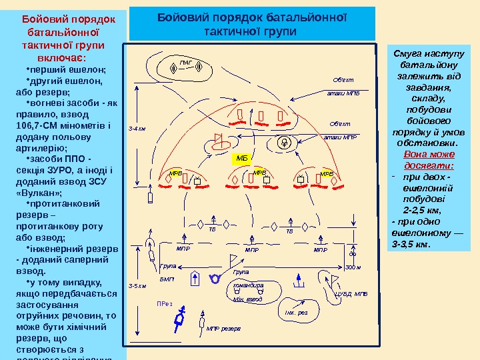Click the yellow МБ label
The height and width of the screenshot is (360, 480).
tap(241, 158)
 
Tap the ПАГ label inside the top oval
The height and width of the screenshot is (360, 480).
tap(187, 64)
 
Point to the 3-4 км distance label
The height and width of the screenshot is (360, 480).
tap(137, 129)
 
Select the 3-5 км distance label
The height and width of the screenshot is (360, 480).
tap(137, 285)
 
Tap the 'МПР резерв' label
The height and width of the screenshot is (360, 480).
tap(223, 329)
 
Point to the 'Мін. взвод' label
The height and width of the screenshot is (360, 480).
tap(247, 300)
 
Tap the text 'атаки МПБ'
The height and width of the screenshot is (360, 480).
tap(344, 94)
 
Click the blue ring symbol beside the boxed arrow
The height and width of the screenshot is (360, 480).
tap(215, 277)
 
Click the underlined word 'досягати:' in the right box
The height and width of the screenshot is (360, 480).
tap(429, 166)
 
